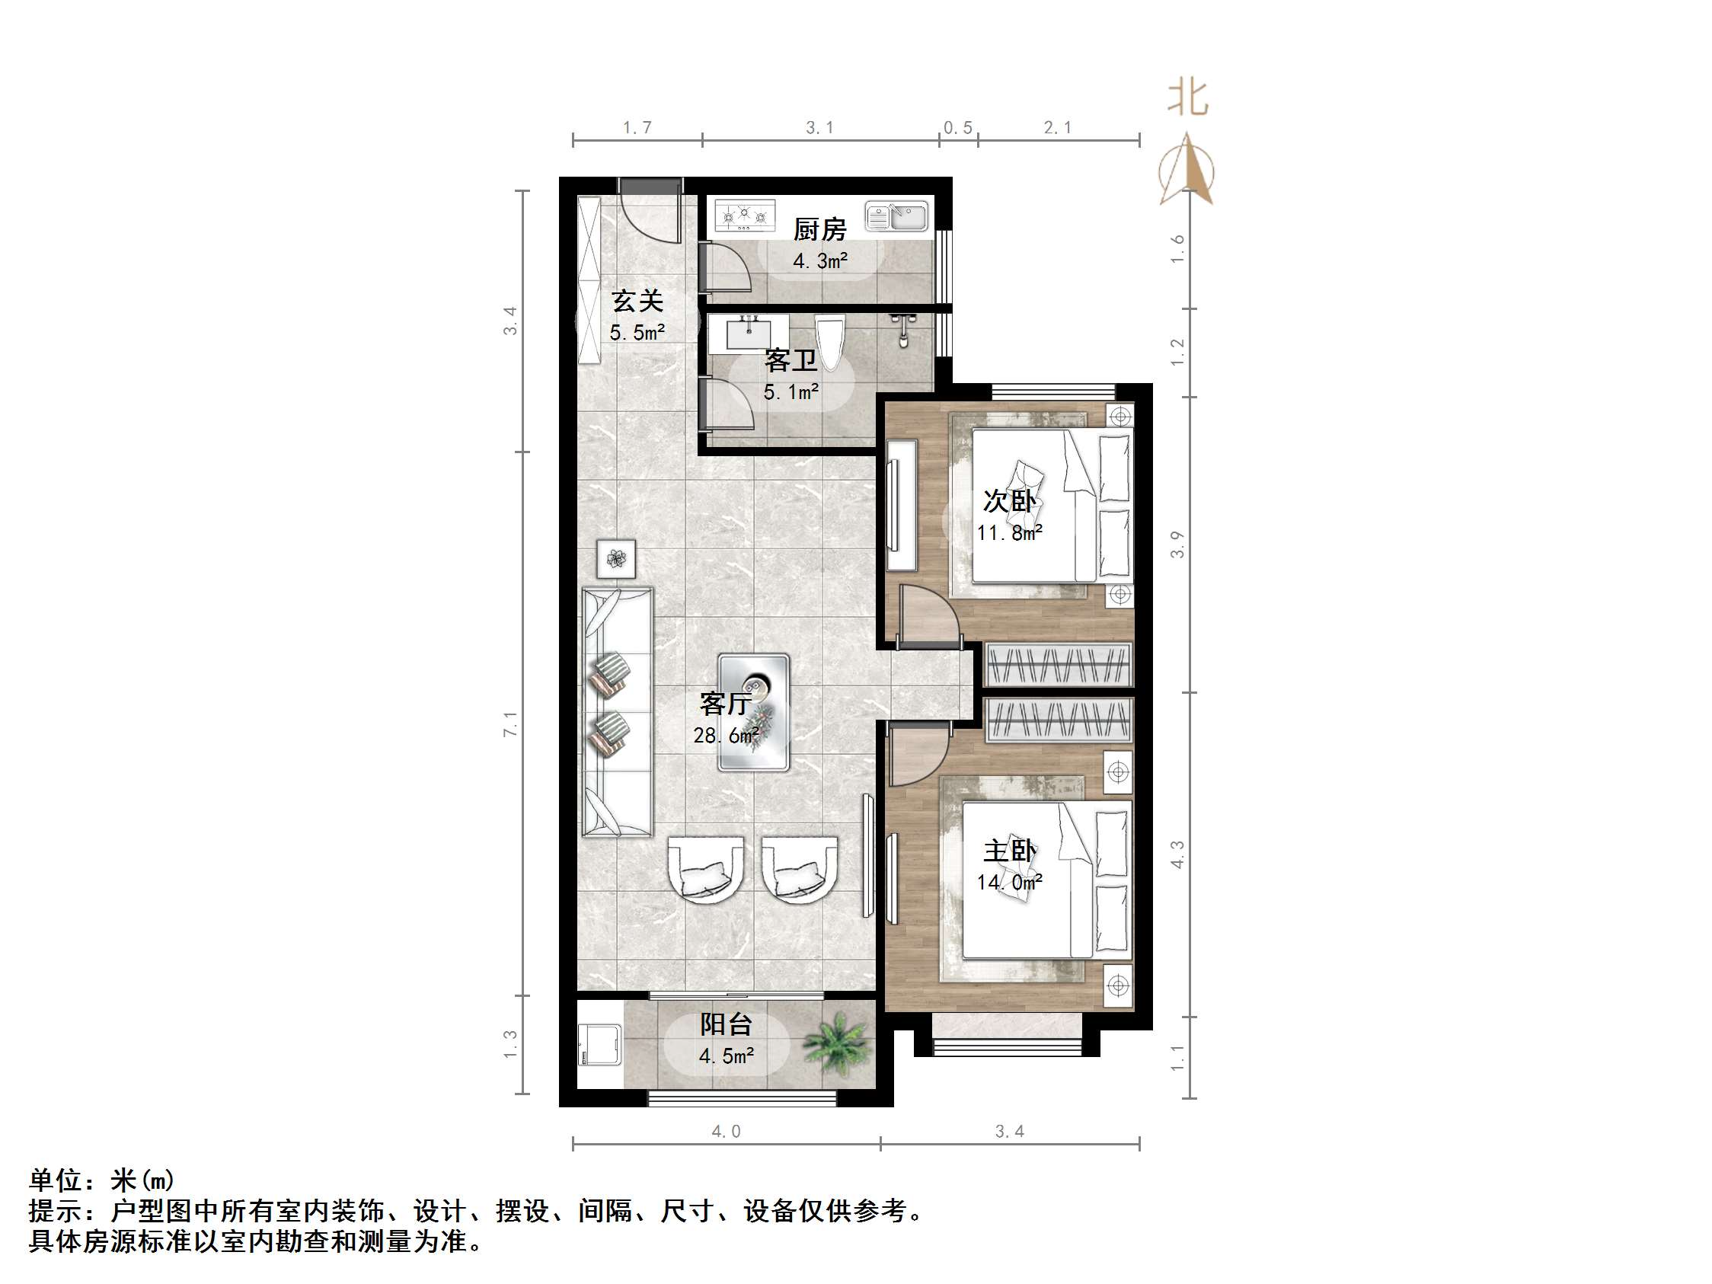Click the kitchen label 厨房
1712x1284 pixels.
click(x=819, y=229)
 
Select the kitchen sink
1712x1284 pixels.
click(x=896, y=217)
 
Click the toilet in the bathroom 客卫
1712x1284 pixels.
click(x=832, y=340)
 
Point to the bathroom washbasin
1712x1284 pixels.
click(x=749, y=333)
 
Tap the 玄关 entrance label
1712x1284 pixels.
click(x=637, y=301)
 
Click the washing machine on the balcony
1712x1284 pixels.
click(x=600, y=1045)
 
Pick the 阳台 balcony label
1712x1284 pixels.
click(x=726, y=1025)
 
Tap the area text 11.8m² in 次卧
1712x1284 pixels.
click(x=1009, y=533)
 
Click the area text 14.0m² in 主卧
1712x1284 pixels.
click(x=1009, y=883)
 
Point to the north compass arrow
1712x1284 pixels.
click(x=1187, y=171)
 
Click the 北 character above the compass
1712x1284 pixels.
click(x=1187, y=99)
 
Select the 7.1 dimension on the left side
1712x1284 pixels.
click(x=510, y=723)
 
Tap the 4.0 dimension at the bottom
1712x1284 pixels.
click(x=726, y=1132)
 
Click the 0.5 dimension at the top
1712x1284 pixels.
click(x=958, y=128)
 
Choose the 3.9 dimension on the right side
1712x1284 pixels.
click(x=1177, y=544)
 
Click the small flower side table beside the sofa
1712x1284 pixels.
click(x=617, y=558)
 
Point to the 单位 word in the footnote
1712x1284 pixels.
click(x=56, y=1180)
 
